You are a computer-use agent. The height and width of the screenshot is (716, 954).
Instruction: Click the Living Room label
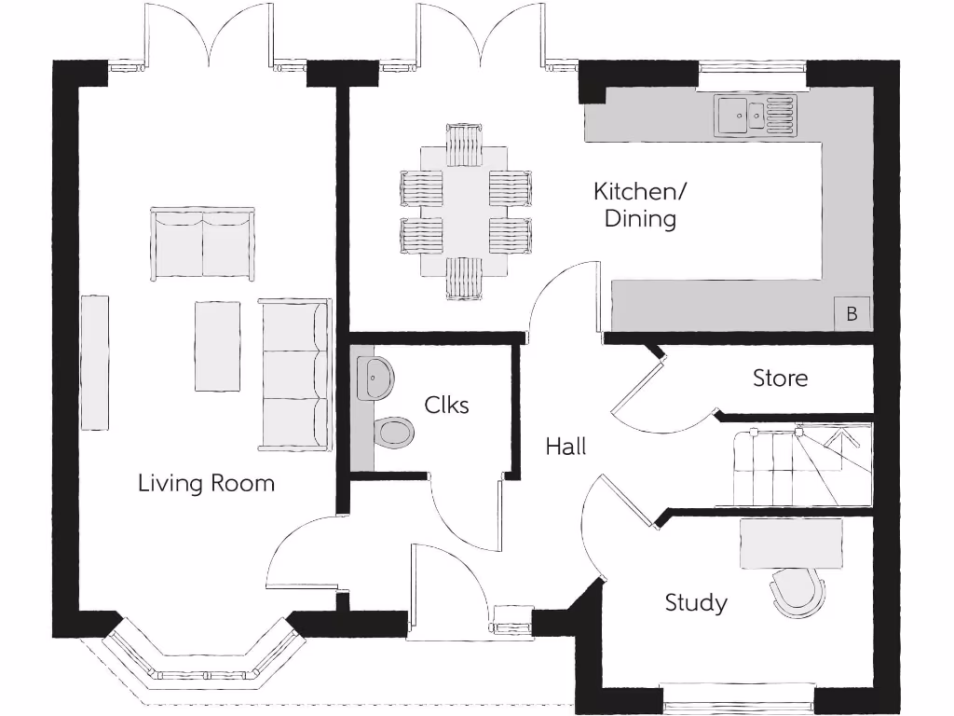[206, 483]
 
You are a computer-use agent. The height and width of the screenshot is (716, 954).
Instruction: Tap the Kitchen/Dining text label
[640, 205]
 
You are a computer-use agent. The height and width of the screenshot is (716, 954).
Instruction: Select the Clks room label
[446, 405]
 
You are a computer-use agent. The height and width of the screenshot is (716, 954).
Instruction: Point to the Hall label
[566, 447]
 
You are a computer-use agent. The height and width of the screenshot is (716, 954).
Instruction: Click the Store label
[780, 378]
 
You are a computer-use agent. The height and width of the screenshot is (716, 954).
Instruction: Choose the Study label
[695, 602]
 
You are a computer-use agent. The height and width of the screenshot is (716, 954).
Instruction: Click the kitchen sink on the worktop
[755, 116]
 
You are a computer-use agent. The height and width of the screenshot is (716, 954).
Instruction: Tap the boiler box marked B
[852, 314]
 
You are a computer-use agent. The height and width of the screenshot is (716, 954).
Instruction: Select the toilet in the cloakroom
[393, 433]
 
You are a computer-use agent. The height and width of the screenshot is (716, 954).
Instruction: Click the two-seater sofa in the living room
[202, 244]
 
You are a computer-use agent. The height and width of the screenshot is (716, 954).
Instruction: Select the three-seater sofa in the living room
[295, 375]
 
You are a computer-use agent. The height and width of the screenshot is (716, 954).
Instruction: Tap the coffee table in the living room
[217, 346]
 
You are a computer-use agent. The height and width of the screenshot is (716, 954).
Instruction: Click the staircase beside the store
[792, 466]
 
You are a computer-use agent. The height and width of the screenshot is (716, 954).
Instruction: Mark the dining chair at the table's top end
[463, 143]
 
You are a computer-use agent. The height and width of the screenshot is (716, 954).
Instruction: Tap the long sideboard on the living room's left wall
[94, 363]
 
